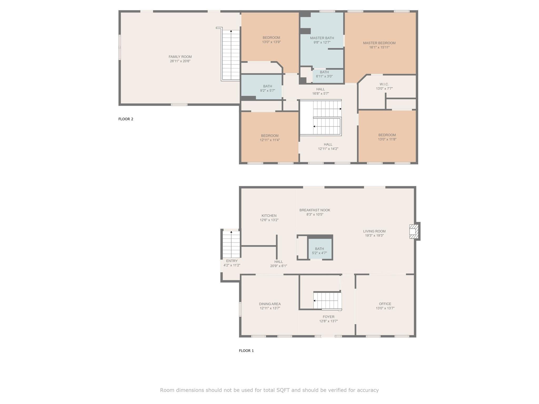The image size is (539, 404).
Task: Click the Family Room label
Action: point(180,57)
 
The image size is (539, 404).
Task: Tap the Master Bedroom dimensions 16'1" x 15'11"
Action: point(379,48)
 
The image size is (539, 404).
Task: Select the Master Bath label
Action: point(322,38)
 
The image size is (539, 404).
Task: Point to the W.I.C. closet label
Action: point(384,84)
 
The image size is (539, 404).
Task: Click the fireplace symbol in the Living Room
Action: point(414,231)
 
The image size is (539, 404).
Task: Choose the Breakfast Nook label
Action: point(315,210)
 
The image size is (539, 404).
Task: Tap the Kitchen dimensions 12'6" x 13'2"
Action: point(269,220)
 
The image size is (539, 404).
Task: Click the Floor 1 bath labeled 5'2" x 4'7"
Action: point(320,249)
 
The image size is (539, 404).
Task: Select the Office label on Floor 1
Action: point(385,304)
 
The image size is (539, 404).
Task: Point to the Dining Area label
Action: point(270,304)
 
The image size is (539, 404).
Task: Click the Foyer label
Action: point(328,317)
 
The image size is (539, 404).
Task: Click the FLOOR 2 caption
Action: point(126,119)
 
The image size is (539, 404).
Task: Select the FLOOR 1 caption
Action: point(246,351)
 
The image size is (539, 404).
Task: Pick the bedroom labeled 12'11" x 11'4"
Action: point(270,137)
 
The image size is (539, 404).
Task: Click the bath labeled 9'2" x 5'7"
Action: point(262,87)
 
